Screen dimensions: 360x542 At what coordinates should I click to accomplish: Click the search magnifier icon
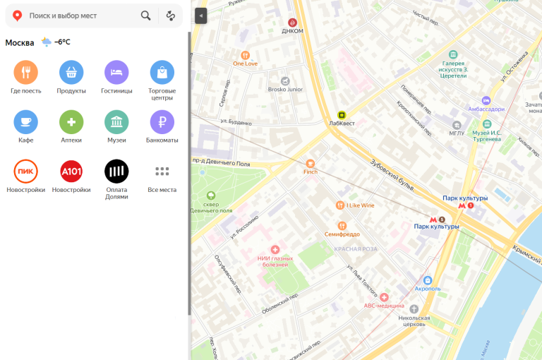(145, 16)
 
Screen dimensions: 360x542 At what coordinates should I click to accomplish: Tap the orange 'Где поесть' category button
(25, 72)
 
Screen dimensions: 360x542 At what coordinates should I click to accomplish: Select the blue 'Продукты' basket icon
(71, 72)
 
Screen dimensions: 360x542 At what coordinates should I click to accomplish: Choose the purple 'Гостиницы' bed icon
(116, 72)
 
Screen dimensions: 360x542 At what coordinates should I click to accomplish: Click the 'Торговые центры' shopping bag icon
(162, 72)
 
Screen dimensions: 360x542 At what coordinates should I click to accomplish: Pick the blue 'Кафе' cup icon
(25, 122)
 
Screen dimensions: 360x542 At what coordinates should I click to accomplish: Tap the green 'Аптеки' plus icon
(71, 122)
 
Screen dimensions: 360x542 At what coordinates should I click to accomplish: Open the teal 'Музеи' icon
(116, 122)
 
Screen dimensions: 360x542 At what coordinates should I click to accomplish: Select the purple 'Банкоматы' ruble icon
(162, 122)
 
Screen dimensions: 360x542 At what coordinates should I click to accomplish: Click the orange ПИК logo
(25, 172)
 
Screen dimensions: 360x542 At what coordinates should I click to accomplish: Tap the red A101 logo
(71, 172)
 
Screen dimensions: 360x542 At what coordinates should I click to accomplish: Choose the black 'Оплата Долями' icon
(116, 172)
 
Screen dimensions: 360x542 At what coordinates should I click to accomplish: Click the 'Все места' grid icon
(162, 172)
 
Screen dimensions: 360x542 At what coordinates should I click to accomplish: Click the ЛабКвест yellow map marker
(342, 114)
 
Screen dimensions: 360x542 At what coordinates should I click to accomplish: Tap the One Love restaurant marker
(245, 54)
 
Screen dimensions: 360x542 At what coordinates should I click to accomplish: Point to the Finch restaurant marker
(311, 163)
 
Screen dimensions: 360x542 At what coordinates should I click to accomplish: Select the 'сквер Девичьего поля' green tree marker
(210, 196)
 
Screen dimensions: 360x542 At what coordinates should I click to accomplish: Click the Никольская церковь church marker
(414, 309)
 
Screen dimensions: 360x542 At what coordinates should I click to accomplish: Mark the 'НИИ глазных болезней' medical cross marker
(275, 250)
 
